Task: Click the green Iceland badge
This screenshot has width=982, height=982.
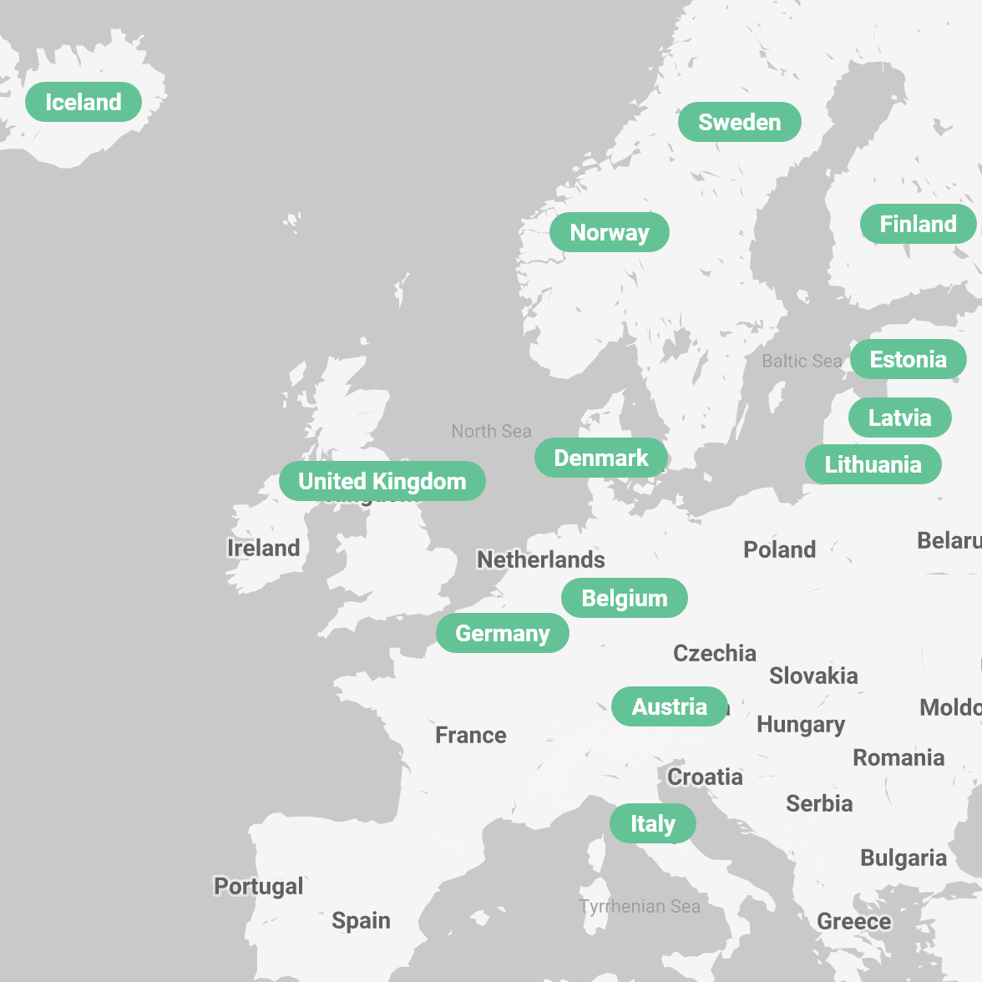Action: (84, 102)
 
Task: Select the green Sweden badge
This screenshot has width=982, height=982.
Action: (739, 122)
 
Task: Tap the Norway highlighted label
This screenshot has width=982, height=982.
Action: (609, 232)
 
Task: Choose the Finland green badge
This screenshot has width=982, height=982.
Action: (918, 224)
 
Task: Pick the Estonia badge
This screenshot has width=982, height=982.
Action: (908, 359)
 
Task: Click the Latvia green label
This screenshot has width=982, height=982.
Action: (899, 418)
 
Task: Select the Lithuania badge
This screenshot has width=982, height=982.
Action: (873, 464)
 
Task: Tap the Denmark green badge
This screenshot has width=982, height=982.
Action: (600, 458)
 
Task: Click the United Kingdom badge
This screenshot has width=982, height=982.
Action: (382, 481)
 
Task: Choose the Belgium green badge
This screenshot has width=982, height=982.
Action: (624, 598)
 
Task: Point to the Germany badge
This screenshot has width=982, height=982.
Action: (502, 633)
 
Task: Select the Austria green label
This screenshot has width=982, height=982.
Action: (669, 706)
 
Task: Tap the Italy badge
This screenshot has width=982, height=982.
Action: (652, 823)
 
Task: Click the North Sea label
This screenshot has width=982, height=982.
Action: (491, 431)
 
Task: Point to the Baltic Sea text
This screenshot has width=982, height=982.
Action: (802, 361)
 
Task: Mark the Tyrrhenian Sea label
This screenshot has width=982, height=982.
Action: (640, 906)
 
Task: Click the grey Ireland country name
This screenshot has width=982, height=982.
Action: (263, 548)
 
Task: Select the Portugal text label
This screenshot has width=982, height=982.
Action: (259, 886)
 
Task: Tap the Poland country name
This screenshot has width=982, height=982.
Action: (779, 549)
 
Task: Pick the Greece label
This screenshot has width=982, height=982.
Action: (853, 921)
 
